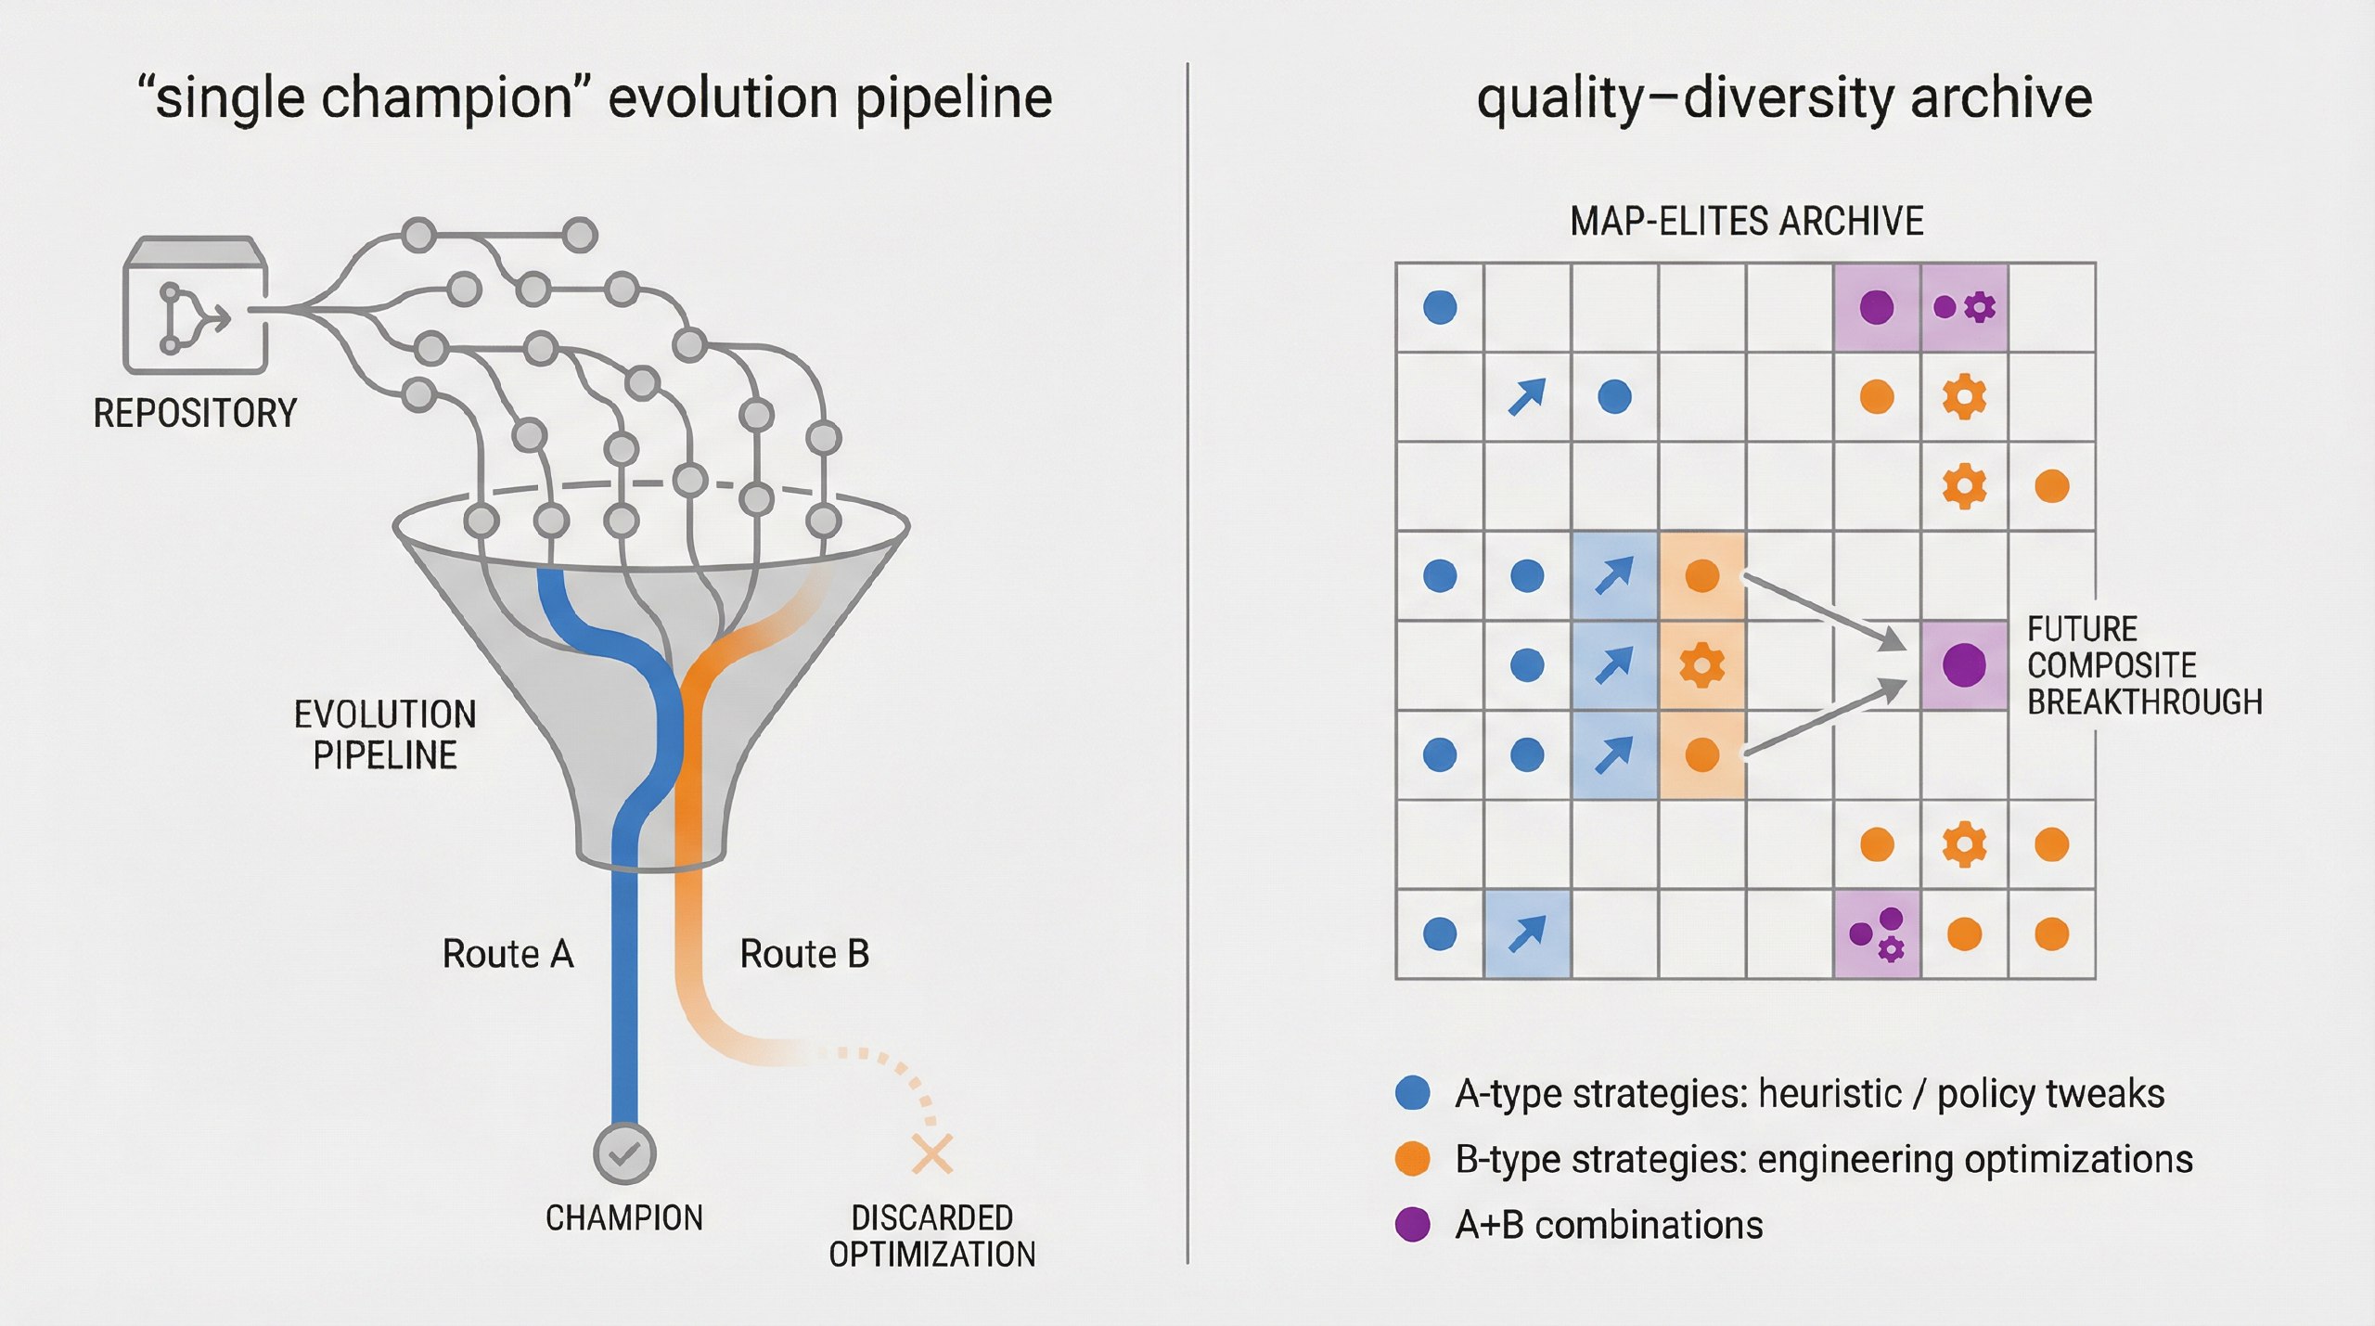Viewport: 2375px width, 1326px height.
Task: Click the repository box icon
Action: coord(195,306)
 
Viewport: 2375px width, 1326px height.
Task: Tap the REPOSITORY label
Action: coord(195,413)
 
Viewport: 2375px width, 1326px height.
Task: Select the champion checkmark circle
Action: coord(624,1153)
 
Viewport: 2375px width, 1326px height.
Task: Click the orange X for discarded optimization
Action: coord(931,1153)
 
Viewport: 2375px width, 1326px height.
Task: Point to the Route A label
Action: coord(507,954)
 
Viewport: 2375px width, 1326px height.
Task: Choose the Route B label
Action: coord(804,954)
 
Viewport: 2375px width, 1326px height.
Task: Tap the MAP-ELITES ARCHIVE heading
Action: coord(1746,221)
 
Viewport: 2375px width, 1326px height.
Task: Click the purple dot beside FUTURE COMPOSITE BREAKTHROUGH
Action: coord(1964,664)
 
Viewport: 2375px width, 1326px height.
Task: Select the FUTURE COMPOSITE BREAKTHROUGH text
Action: coord(2144,665)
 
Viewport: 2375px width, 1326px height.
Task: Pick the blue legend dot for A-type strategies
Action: coord(1412,1093)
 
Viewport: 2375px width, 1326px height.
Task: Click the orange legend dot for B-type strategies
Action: coord(1412,1159)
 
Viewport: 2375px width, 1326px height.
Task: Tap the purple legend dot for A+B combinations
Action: coord(1412,1225)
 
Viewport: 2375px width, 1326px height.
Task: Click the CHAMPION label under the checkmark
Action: coord(624,1217)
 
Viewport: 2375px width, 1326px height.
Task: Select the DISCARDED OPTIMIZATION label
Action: coord(931,1236)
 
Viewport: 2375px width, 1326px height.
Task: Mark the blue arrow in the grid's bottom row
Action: coord(1527,933)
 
